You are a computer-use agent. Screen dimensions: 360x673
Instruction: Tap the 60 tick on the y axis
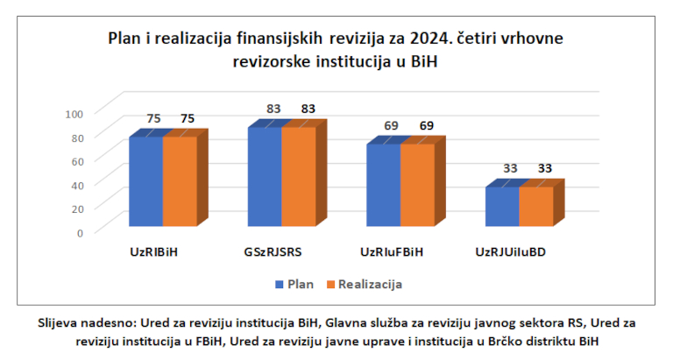[x=77, y=160]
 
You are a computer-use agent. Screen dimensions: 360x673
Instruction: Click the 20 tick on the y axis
[x=77, y=208]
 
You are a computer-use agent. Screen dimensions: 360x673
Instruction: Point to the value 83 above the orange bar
[x=308, y=109]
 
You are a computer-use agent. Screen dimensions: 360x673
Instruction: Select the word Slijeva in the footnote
[x=60, y=322]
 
